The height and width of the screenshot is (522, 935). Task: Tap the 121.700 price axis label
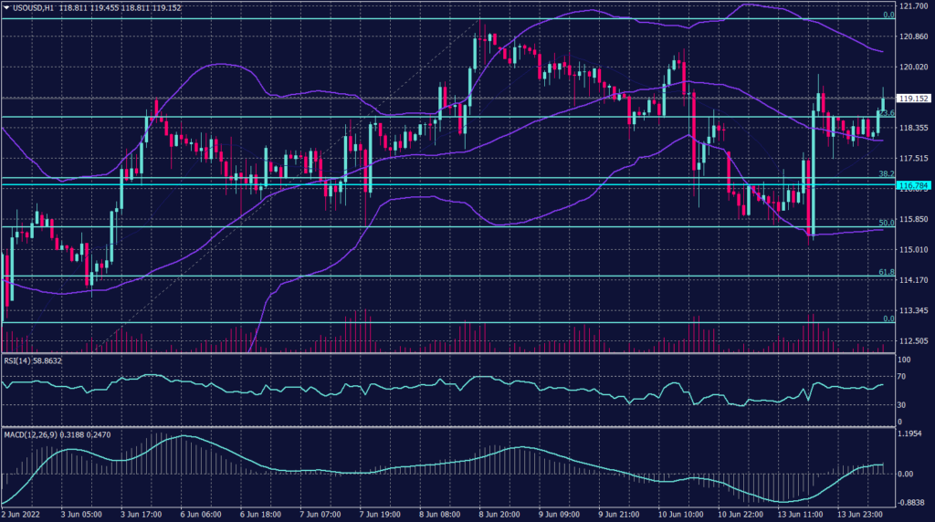913,6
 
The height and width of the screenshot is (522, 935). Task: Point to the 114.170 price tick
913,280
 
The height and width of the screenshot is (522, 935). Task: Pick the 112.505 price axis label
913,341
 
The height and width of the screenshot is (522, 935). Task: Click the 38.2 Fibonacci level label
885,173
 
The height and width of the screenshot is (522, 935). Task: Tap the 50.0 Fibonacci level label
885,223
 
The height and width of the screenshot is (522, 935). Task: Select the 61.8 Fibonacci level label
885,272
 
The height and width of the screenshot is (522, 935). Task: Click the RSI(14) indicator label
18,361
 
